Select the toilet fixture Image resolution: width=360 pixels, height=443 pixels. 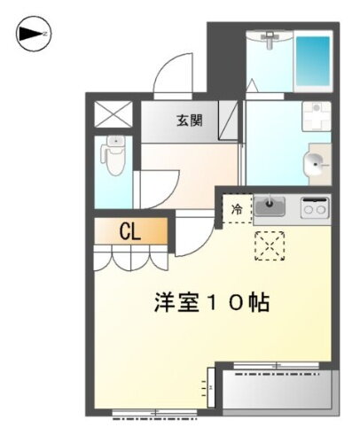click(113, 157)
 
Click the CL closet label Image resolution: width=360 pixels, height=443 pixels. click(131, 233)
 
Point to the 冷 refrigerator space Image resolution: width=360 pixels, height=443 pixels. click(237, 209)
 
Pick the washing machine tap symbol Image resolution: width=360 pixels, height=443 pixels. click(316, 114)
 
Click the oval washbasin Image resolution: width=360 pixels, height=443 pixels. click(315, 162)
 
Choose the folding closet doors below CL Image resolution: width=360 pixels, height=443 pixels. click(131, 258)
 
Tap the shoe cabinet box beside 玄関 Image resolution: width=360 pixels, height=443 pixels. click(229, 121)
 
